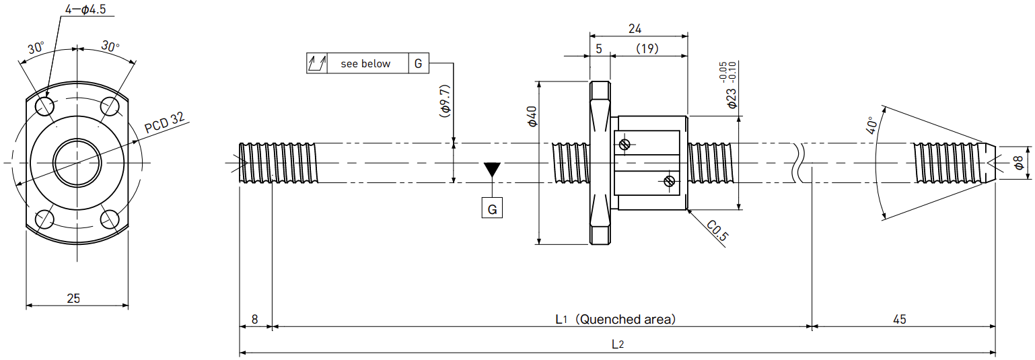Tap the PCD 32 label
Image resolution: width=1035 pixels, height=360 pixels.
point(164,122)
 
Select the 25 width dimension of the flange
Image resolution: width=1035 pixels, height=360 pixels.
point(73,299)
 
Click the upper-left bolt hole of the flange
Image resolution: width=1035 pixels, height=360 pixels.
point(45,107)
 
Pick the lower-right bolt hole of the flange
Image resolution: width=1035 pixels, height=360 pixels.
point(110,219)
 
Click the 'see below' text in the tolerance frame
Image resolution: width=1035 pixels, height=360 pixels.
point(365,63)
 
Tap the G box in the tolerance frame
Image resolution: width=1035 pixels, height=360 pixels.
point(419,63)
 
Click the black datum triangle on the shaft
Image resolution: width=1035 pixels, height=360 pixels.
point(492,169)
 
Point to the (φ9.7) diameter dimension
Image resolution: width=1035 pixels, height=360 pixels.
point(445,101)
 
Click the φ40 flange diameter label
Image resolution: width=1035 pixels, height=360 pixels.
point(532,116)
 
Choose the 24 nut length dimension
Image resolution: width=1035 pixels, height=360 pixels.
point(635,29)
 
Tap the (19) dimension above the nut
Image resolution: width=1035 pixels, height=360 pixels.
point(647,48)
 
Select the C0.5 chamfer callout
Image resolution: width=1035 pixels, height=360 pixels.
point(717,231)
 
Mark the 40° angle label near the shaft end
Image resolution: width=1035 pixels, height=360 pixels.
point(871,125)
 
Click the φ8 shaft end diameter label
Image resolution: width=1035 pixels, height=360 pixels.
point(1018,163)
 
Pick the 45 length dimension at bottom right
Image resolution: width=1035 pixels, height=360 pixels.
point(899,320)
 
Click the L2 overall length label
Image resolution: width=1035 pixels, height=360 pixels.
point(618,345)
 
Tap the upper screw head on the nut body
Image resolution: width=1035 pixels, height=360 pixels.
point(624,144)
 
